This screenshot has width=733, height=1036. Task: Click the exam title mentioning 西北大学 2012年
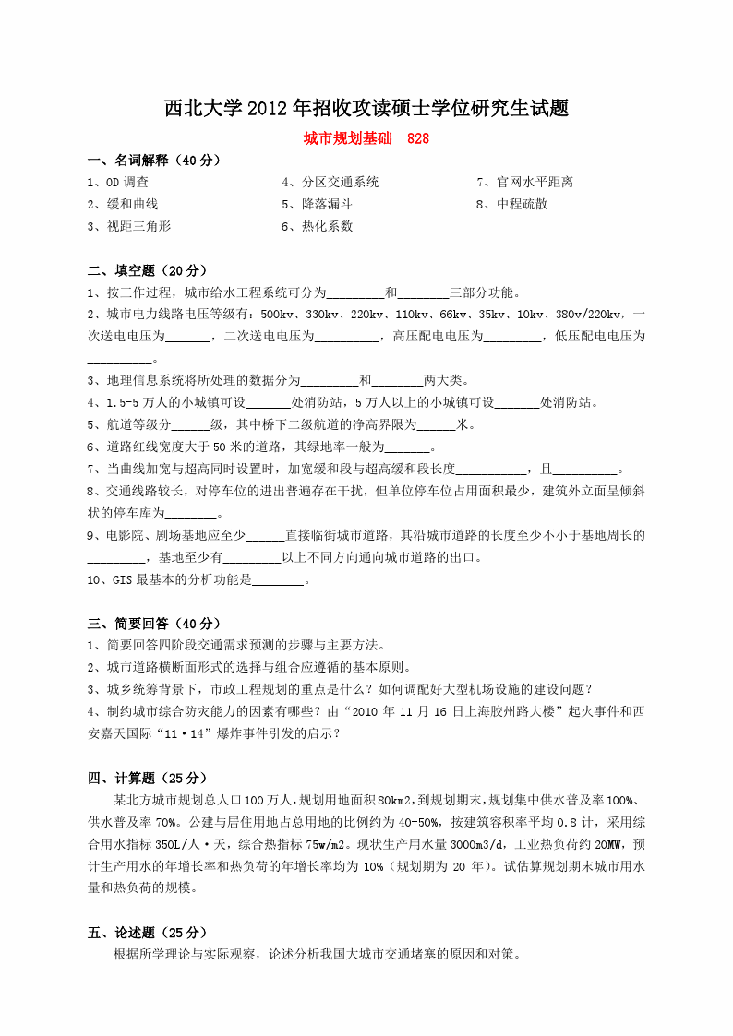click(366, 108)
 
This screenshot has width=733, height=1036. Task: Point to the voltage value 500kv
click(278, 315)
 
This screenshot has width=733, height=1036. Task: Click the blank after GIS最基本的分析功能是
click(278, 580)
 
